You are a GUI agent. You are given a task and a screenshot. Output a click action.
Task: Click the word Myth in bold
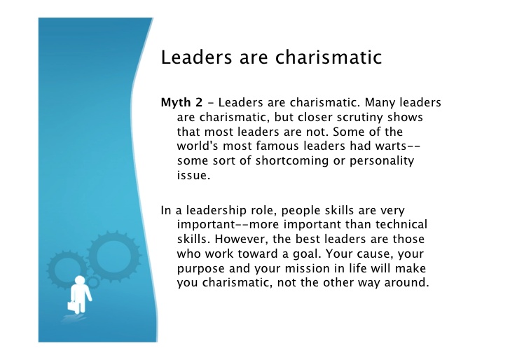176,103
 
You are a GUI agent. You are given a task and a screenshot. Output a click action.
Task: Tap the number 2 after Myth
199,102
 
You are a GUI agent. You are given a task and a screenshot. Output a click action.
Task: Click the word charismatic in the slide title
329,57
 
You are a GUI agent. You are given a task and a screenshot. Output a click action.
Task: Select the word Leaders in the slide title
196,57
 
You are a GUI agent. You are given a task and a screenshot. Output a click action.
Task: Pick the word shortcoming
291,161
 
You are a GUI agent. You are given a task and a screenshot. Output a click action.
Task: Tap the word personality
382,161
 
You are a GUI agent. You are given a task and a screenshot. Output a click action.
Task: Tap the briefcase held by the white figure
72,306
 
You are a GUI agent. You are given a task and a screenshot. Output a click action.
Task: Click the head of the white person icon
80,280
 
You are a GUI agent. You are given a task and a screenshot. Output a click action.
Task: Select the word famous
277,146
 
